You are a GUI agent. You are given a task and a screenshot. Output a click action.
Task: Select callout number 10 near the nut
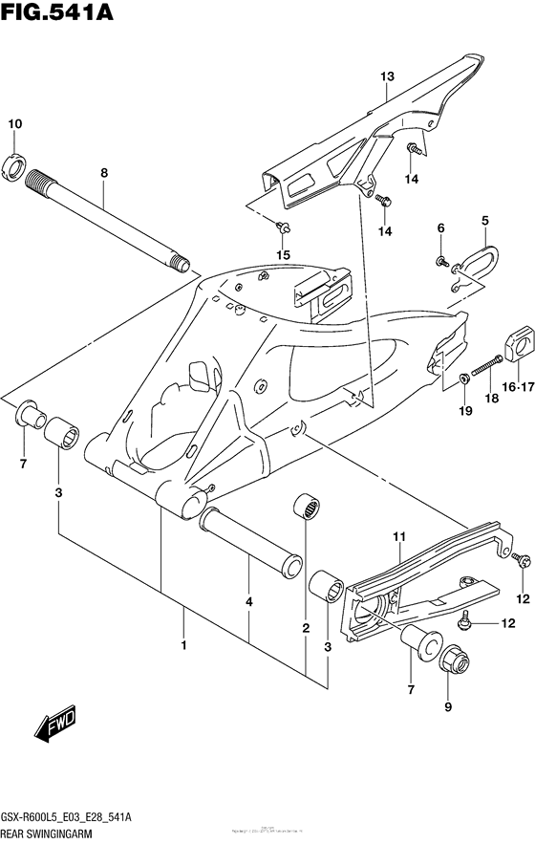click(x=15, y=124)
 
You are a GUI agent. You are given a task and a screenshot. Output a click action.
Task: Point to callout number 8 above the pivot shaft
click(x=104, y=173)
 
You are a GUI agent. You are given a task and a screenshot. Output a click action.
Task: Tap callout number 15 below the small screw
click(x=283, y=253)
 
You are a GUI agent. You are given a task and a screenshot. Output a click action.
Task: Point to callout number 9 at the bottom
click(x=448, y=708)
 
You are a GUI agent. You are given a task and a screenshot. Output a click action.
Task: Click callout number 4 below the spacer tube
click(x=249, y=603)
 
